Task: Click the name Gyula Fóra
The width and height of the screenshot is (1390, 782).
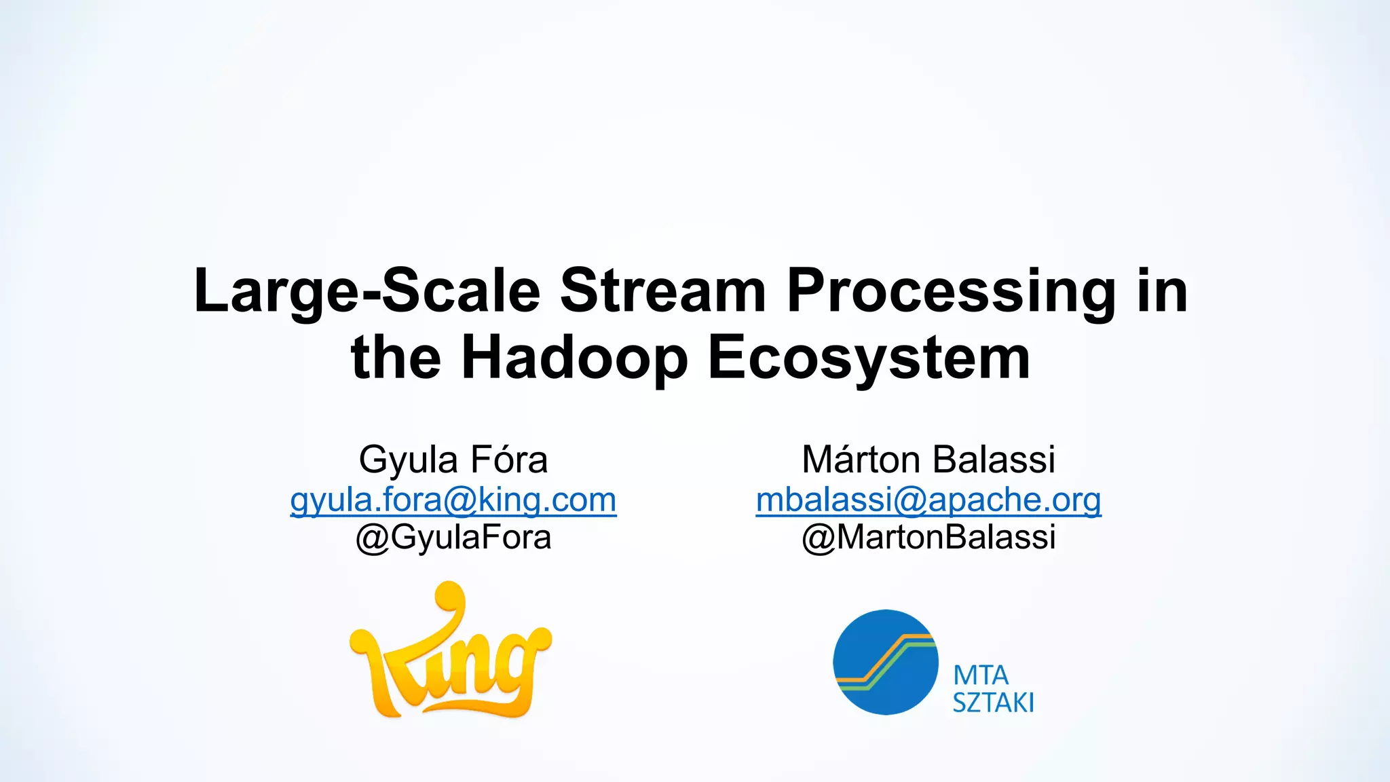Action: point(453,460)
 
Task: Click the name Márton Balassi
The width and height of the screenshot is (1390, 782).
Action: point(928,460)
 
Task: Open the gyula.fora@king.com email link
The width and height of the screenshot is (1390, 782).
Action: point(453,500)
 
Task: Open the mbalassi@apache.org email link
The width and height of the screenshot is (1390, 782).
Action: point(928,500)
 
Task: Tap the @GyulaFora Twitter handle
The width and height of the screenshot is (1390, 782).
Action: point(453,538)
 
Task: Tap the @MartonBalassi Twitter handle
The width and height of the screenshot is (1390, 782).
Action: point(928,538)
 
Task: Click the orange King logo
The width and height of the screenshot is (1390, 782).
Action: point(451,652)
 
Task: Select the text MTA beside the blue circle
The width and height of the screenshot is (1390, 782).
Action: point(981,676)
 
